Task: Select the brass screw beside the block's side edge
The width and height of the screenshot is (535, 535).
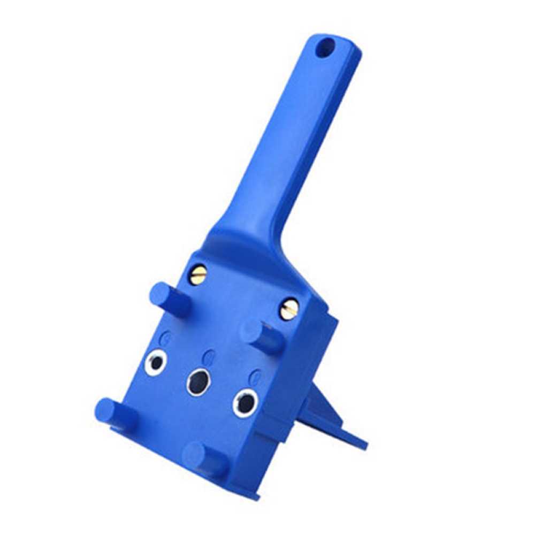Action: pos(289,309)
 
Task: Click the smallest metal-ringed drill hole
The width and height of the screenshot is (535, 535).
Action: pos(156,363)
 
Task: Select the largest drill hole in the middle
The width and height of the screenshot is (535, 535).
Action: pos(198,381)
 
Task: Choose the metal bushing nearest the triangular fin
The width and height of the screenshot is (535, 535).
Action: pos(244,402)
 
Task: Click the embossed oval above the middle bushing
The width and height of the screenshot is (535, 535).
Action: pos(210,355)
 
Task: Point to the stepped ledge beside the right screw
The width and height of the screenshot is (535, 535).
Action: pos(324,321)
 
